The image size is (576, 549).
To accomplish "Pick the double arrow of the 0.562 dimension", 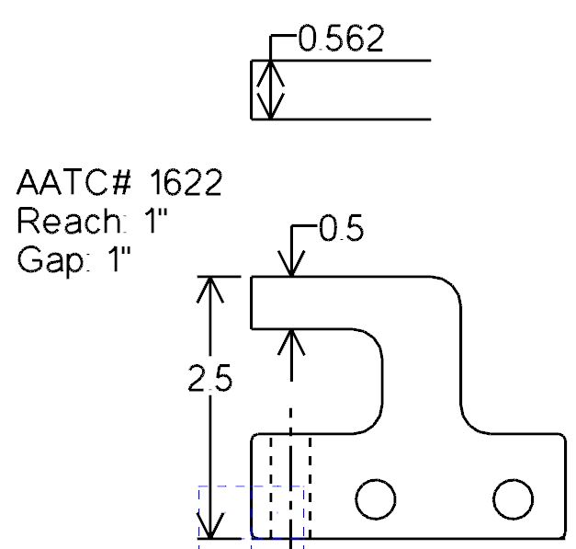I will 269,89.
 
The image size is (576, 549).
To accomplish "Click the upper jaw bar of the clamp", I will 349,302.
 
